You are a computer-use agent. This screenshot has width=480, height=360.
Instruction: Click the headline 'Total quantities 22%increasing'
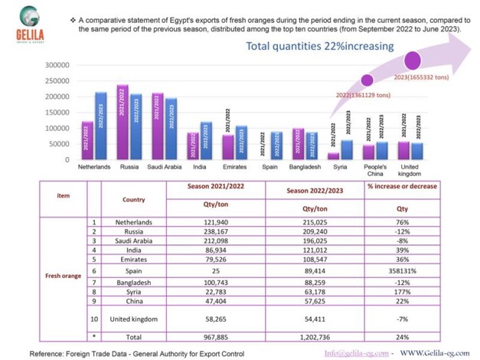coord(319,46)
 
